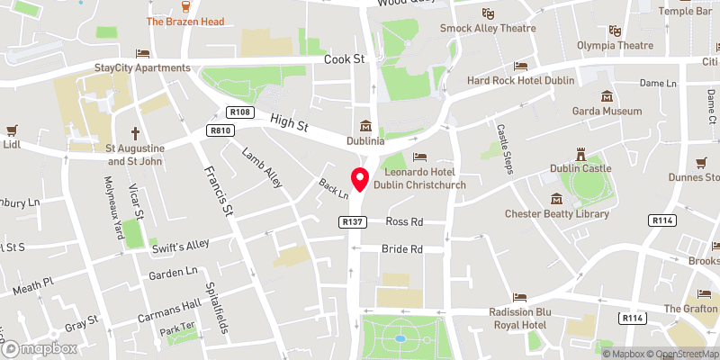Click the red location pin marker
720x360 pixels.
click(x=361, y=179)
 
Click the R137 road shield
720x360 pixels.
click(x=351, y=221)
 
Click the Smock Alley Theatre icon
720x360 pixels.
click(x=488, y=13)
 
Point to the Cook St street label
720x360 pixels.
click(x=344, y=59)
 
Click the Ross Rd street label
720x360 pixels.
click(x=403, y=221)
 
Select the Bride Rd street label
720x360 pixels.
click(x=403, y=248)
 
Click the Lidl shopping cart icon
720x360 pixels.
click(x=12, y=129)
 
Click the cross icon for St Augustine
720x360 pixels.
click(x=139, y=131)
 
